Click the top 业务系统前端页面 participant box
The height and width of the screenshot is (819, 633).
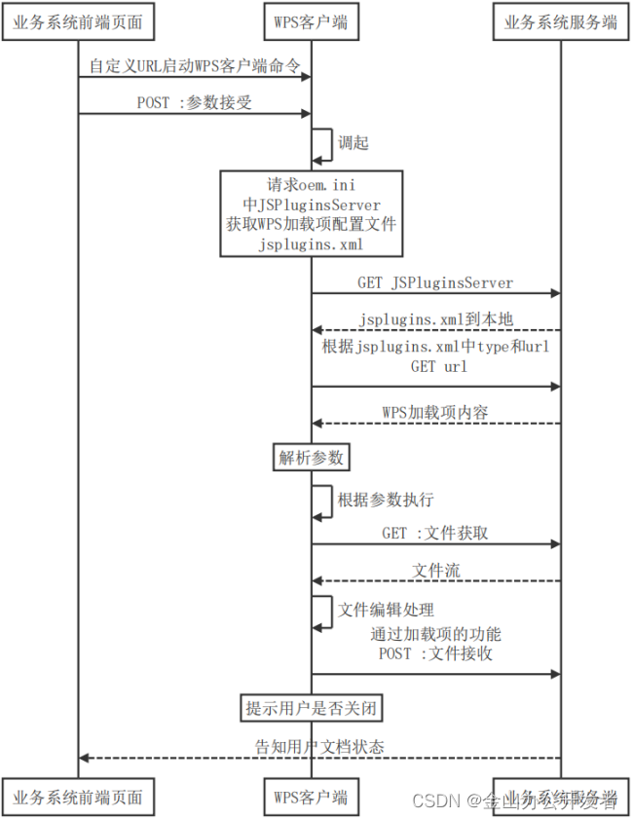pyautogui.click(x=78, y=22)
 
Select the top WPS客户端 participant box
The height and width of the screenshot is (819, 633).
pyautogui.click(x=311, y=22)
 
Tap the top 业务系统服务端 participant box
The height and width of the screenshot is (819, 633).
pyautogui.click(x=560, y=22)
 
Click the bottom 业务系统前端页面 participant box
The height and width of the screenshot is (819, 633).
pyautogui.click(x=78, y=797)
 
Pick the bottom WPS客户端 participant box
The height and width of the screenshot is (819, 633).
pyautogui.click(x=311, y=797)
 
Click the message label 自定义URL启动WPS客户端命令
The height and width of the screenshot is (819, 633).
pyautogui.click(x=195, y=66)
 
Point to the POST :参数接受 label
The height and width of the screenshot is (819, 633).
pyautogui.click(x=195, y=101)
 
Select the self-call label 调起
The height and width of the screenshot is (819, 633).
pyautogui.click(x=353, y=142)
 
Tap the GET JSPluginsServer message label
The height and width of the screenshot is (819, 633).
pyautogui.click(x=435, y=282)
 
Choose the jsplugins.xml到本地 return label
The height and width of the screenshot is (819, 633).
pyautogui.click(x=435, y=318)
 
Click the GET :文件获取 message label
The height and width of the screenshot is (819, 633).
pyautogui.click(x=435, y=533)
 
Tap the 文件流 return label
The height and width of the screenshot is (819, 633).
pyautogui.click(x=435, y=570)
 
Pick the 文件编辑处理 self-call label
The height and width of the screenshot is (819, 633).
pyautogui.click(x=386, y=611)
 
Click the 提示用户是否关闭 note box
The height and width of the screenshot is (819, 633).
pyautogui.click(x=311, y=708)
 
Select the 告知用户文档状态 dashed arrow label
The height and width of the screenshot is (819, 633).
pyautogui.click(x=319, y=747)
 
